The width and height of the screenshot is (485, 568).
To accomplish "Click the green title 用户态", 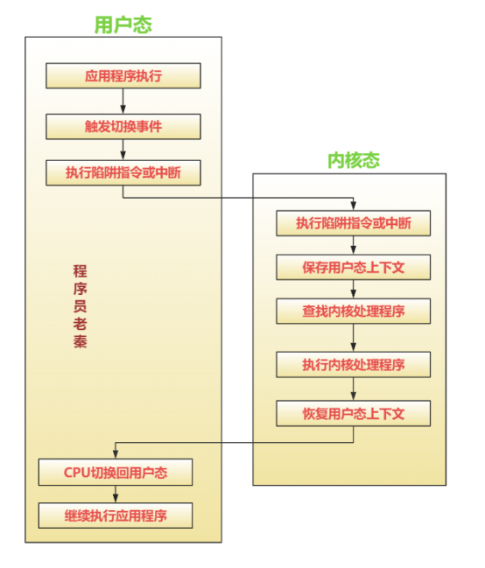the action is tap(123, 25).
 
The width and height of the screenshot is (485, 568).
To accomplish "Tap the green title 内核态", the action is tap(354, 160).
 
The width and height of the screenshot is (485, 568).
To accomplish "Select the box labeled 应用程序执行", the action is tap(123, 76).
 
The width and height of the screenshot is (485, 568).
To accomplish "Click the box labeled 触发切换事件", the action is tap(123, 126).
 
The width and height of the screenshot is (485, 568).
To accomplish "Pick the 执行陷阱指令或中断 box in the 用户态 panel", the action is tap(123, 172).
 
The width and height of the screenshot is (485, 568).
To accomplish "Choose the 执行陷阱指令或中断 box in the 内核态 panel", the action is tap(354, 223).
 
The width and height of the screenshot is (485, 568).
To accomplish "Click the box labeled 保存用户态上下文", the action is tap(354, 267).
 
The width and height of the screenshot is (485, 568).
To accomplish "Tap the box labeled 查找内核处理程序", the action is tap(354, 312).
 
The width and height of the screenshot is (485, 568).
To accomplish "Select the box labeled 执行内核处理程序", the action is tap(354, 364).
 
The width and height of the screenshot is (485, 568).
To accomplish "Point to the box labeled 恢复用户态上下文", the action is tap(354, 413).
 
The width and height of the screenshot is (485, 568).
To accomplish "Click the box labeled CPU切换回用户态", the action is tap(116, 473).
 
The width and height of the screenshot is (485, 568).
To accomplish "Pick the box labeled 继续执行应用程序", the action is tap(116, 515).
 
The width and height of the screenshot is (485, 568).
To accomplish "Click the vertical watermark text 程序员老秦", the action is tap(81, 306).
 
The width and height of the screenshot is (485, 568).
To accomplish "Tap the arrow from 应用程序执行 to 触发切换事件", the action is tap(123, 101).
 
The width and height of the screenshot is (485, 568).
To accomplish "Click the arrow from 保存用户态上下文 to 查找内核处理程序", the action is tap(354, 289).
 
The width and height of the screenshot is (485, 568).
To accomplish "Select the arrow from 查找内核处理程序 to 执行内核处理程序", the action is tap(354, 338).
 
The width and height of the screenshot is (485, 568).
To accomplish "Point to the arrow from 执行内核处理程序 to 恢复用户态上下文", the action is tap(354, 389).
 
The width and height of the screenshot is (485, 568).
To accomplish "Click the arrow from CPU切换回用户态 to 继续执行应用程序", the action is tap(116, 494).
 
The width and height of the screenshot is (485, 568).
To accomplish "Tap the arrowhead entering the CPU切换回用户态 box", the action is tap(116, 454).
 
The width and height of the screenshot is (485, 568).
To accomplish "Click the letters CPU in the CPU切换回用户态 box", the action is tap(76, 473).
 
